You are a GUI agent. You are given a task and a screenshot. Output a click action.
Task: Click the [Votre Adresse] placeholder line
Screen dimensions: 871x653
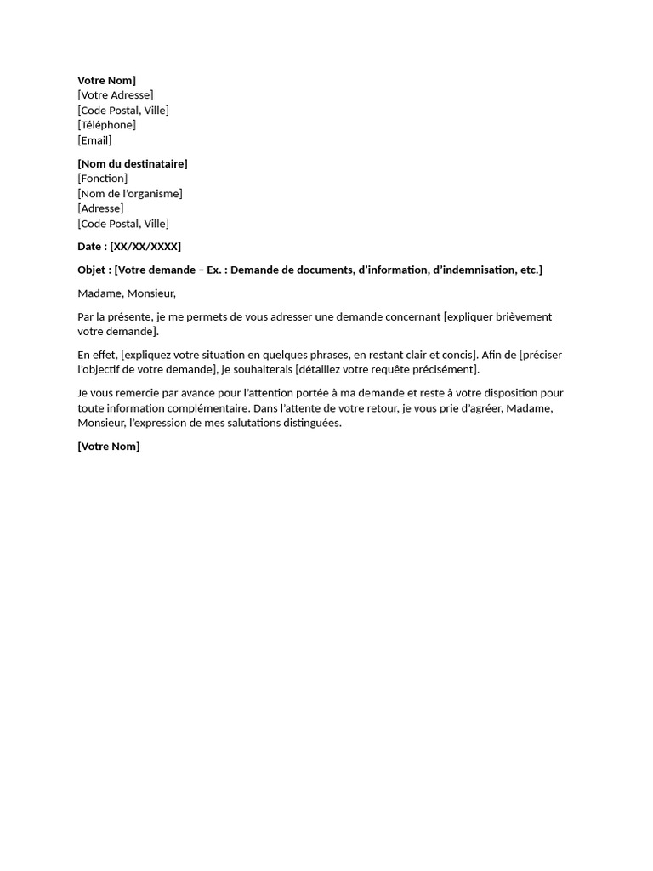116,95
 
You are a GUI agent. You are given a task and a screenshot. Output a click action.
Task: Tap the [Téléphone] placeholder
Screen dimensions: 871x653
106,125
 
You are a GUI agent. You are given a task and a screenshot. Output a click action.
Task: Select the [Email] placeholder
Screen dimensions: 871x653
94,140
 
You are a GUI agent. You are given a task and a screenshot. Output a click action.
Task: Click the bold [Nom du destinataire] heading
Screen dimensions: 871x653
133,163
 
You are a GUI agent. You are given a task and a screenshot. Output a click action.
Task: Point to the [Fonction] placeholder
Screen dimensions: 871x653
102,179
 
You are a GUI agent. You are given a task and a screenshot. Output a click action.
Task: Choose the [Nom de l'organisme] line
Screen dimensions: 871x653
130,194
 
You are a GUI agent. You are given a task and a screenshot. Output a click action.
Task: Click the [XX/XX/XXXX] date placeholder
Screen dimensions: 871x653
145,247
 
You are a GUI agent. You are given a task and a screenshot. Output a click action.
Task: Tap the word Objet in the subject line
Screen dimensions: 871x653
92,270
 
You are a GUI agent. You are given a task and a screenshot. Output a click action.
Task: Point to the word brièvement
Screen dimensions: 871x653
521,317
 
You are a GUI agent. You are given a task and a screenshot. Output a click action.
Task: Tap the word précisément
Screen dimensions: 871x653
440,370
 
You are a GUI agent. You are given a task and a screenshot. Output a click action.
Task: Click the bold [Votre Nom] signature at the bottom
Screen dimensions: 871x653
109,447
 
